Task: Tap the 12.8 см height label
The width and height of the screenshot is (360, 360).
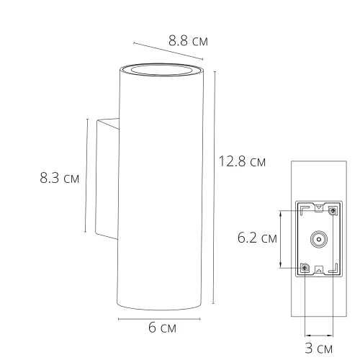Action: [x=241, y=161]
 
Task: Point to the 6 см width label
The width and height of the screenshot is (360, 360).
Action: [x=162, y=328]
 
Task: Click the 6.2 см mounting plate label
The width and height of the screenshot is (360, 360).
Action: [x=258, y=238]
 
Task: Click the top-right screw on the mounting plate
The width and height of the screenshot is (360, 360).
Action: [x=332, y=211]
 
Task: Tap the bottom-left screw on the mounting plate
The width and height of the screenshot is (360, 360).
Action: [x=305, y=268]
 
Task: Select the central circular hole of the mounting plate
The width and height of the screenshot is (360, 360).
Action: [x=318, y=239]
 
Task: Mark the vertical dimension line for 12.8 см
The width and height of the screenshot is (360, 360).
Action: [x=215, y=187]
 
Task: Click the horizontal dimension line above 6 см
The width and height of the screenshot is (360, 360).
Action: [x=159, y=317]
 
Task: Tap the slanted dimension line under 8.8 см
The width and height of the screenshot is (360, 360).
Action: [x=170, y=54]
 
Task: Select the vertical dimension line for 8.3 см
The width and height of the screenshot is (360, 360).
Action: [x=86, y=176]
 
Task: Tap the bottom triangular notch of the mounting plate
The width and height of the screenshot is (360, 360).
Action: [x=318, y=273]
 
